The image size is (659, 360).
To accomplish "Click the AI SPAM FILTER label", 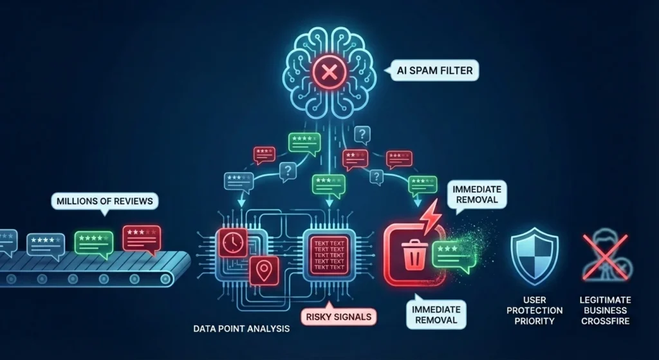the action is coord(434,70).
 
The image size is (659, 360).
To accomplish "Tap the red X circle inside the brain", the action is coord(329,72).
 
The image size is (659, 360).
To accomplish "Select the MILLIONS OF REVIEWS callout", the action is coord(105,202).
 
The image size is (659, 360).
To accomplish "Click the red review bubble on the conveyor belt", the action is coord(142,240).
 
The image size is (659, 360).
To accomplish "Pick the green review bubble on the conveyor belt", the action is coord(94,244).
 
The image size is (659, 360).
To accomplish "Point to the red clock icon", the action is coord(232,243).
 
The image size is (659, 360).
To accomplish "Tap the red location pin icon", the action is coord(264,271).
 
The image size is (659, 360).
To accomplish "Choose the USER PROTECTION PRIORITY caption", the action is coord(535,310).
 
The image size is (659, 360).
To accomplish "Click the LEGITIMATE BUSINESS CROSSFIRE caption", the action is coord(605,310).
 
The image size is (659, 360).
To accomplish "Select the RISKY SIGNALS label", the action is coord(339,316).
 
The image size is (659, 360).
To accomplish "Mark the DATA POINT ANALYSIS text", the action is coord(241,328).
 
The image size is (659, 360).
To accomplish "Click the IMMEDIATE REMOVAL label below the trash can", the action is coord(436,314).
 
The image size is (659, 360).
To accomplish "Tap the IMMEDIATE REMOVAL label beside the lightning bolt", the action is coord(477,194).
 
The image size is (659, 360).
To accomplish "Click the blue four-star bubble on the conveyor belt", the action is coord(46,243).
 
